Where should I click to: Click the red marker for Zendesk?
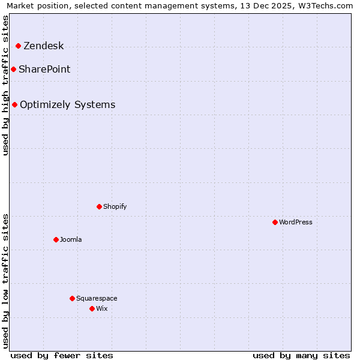click(18, 46)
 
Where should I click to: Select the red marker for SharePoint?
click(13, 70)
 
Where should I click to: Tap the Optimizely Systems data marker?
click(14, 105)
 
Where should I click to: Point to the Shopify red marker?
click(99, 207)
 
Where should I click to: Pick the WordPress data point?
click(275, 223)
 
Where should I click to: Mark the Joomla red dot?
click(56, 240)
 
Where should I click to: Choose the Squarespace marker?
click(72, 299)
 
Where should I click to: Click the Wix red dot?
click(92, 309)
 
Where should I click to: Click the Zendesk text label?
click(43, 46)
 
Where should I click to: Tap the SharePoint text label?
click(44, 70)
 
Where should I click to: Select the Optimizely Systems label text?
click(67, 105)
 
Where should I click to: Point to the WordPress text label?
click(296, 223)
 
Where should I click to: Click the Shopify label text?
click(115, 207)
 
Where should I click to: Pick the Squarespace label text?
click(97, 299)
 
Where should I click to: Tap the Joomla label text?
click(71, 240)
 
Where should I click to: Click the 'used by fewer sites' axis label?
click(62, 355)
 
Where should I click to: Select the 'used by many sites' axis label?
click(301, 355)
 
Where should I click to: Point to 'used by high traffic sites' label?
click(5, 85)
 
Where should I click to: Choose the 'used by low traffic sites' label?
click(5, 281)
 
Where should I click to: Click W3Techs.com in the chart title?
click(324, 6)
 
